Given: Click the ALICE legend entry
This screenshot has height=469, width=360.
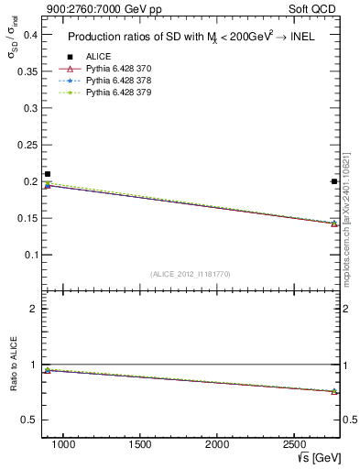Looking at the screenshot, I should pyautogui.click(x=98, y=57).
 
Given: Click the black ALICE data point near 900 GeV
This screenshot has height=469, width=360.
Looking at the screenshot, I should pyautogui.click(x=48, y=174).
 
